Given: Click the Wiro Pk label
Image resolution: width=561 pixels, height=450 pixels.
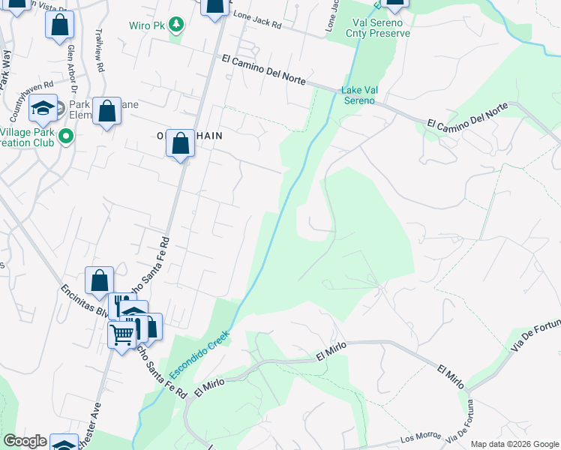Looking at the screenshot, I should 148,25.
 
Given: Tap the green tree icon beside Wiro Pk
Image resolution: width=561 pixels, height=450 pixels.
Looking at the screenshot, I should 176,25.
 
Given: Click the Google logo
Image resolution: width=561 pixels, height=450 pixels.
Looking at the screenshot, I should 25,441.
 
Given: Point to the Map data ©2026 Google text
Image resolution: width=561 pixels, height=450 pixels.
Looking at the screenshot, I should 514,444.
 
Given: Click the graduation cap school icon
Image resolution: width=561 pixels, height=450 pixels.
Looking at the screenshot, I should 43,108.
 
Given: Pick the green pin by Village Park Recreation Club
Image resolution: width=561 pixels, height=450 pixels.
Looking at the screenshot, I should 65,136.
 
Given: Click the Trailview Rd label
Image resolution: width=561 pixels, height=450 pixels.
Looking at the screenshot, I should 99,50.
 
